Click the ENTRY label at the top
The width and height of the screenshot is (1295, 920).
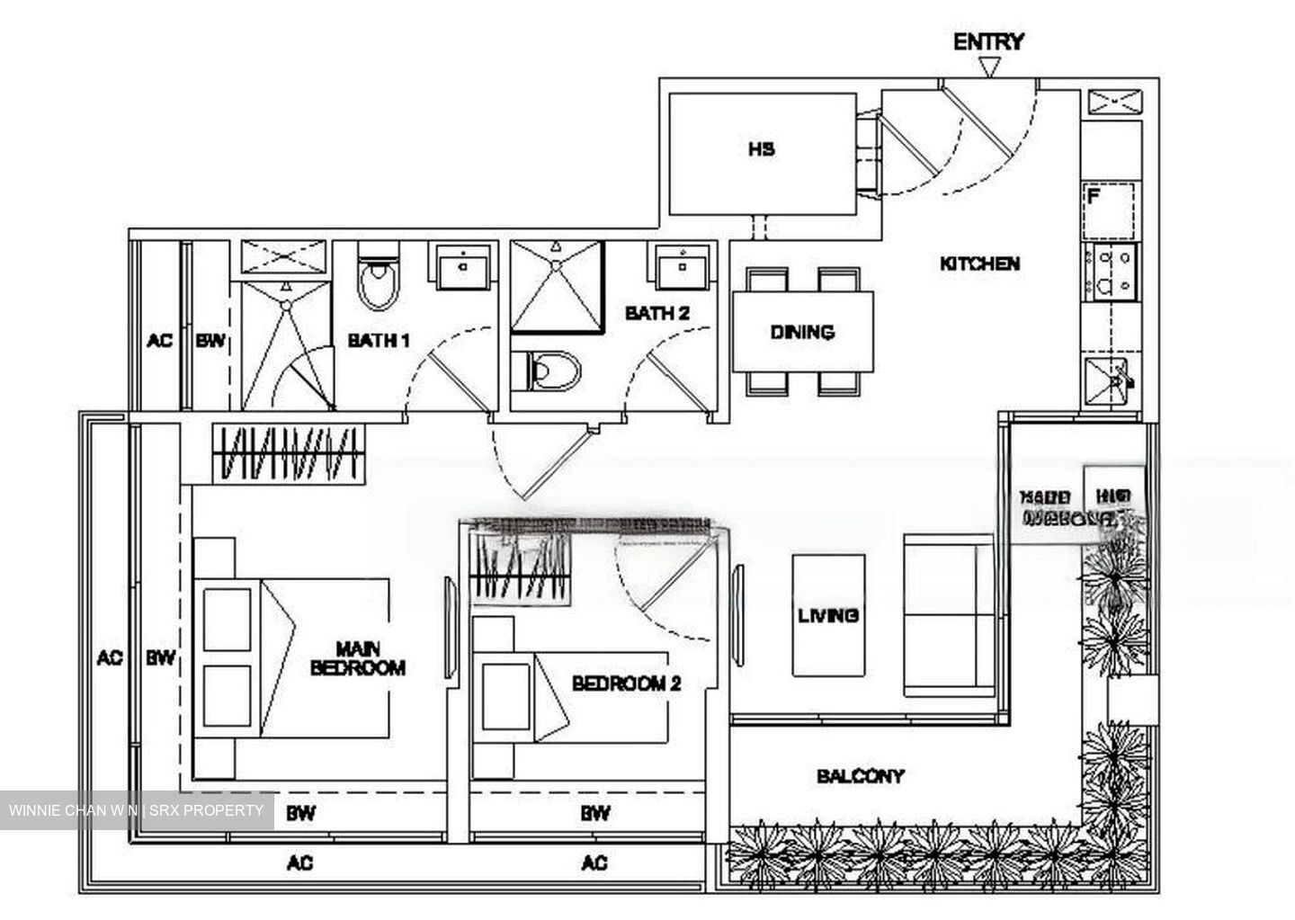(x=988, y=41)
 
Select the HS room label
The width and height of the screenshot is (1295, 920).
(x=761, y=149)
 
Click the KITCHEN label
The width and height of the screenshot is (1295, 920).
(x=979, y=263)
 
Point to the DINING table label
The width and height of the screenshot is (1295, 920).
(x=802, y=332)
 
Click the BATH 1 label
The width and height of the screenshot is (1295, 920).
(x=379, y=341)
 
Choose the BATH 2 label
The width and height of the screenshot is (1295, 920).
(x=656, y=314)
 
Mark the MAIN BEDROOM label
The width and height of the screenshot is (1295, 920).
(x=357, y=657)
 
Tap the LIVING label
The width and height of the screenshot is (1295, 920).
(x=828, y=615)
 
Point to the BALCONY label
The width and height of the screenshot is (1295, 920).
(x=861, y=775)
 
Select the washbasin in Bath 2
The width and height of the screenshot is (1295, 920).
(x=683, y=266)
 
